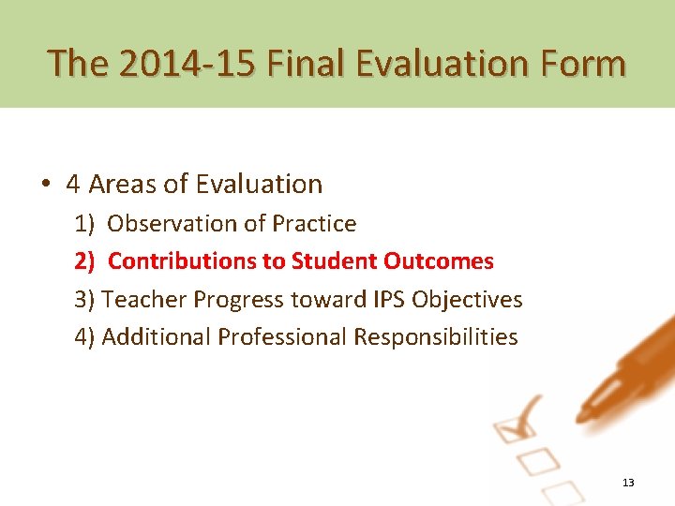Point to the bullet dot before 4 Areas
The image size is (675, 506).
(x=45, y=185)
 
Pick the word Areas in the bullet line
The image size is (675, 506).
(x=122, y=185)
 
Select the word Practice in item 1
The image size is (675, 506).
(x=314, y=224)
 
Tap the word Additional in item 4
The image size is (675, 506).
(x=156, y=337)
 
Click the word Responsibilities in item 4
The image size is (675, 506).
(x=435, y=337)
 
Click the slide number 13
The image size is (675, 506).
(x=628, y=483)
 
